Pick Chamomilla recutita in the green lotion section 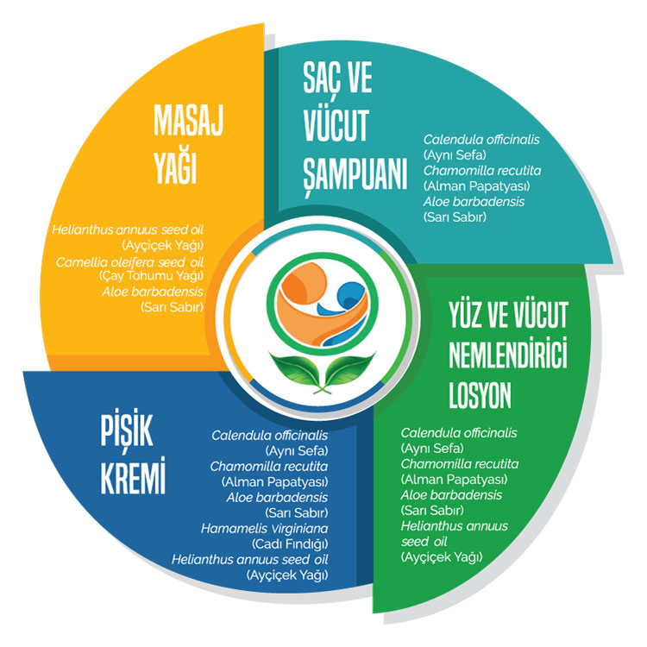tap(451, 463)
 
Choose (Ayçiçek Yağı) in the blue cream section tap(291, 575)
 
